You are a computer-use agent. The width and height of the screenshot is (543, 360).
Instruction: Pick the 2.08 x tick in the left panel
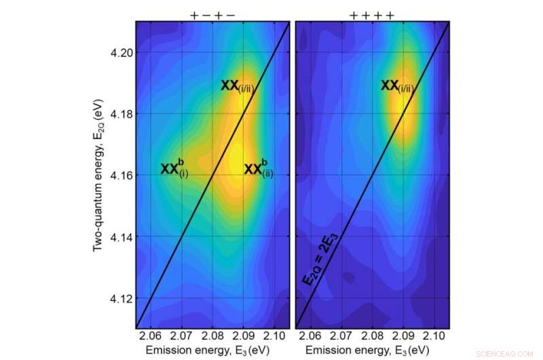[212, 336]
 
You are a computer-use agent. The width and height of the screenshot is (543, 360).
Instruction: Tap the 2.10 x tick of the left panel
[274, 336]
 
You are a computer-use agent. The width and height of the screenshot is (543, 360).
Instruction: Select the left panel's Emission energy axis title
[212, 350]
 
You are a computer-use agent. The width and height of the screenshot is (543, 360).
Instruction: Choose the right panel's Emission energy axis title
[371, 350]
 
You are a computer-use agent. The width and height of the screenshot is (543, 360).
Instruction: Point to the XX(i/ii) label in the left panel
[237, 86]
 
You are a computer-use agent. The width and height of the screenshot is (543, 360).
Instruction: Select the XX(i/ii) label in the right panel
[397, 86]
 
